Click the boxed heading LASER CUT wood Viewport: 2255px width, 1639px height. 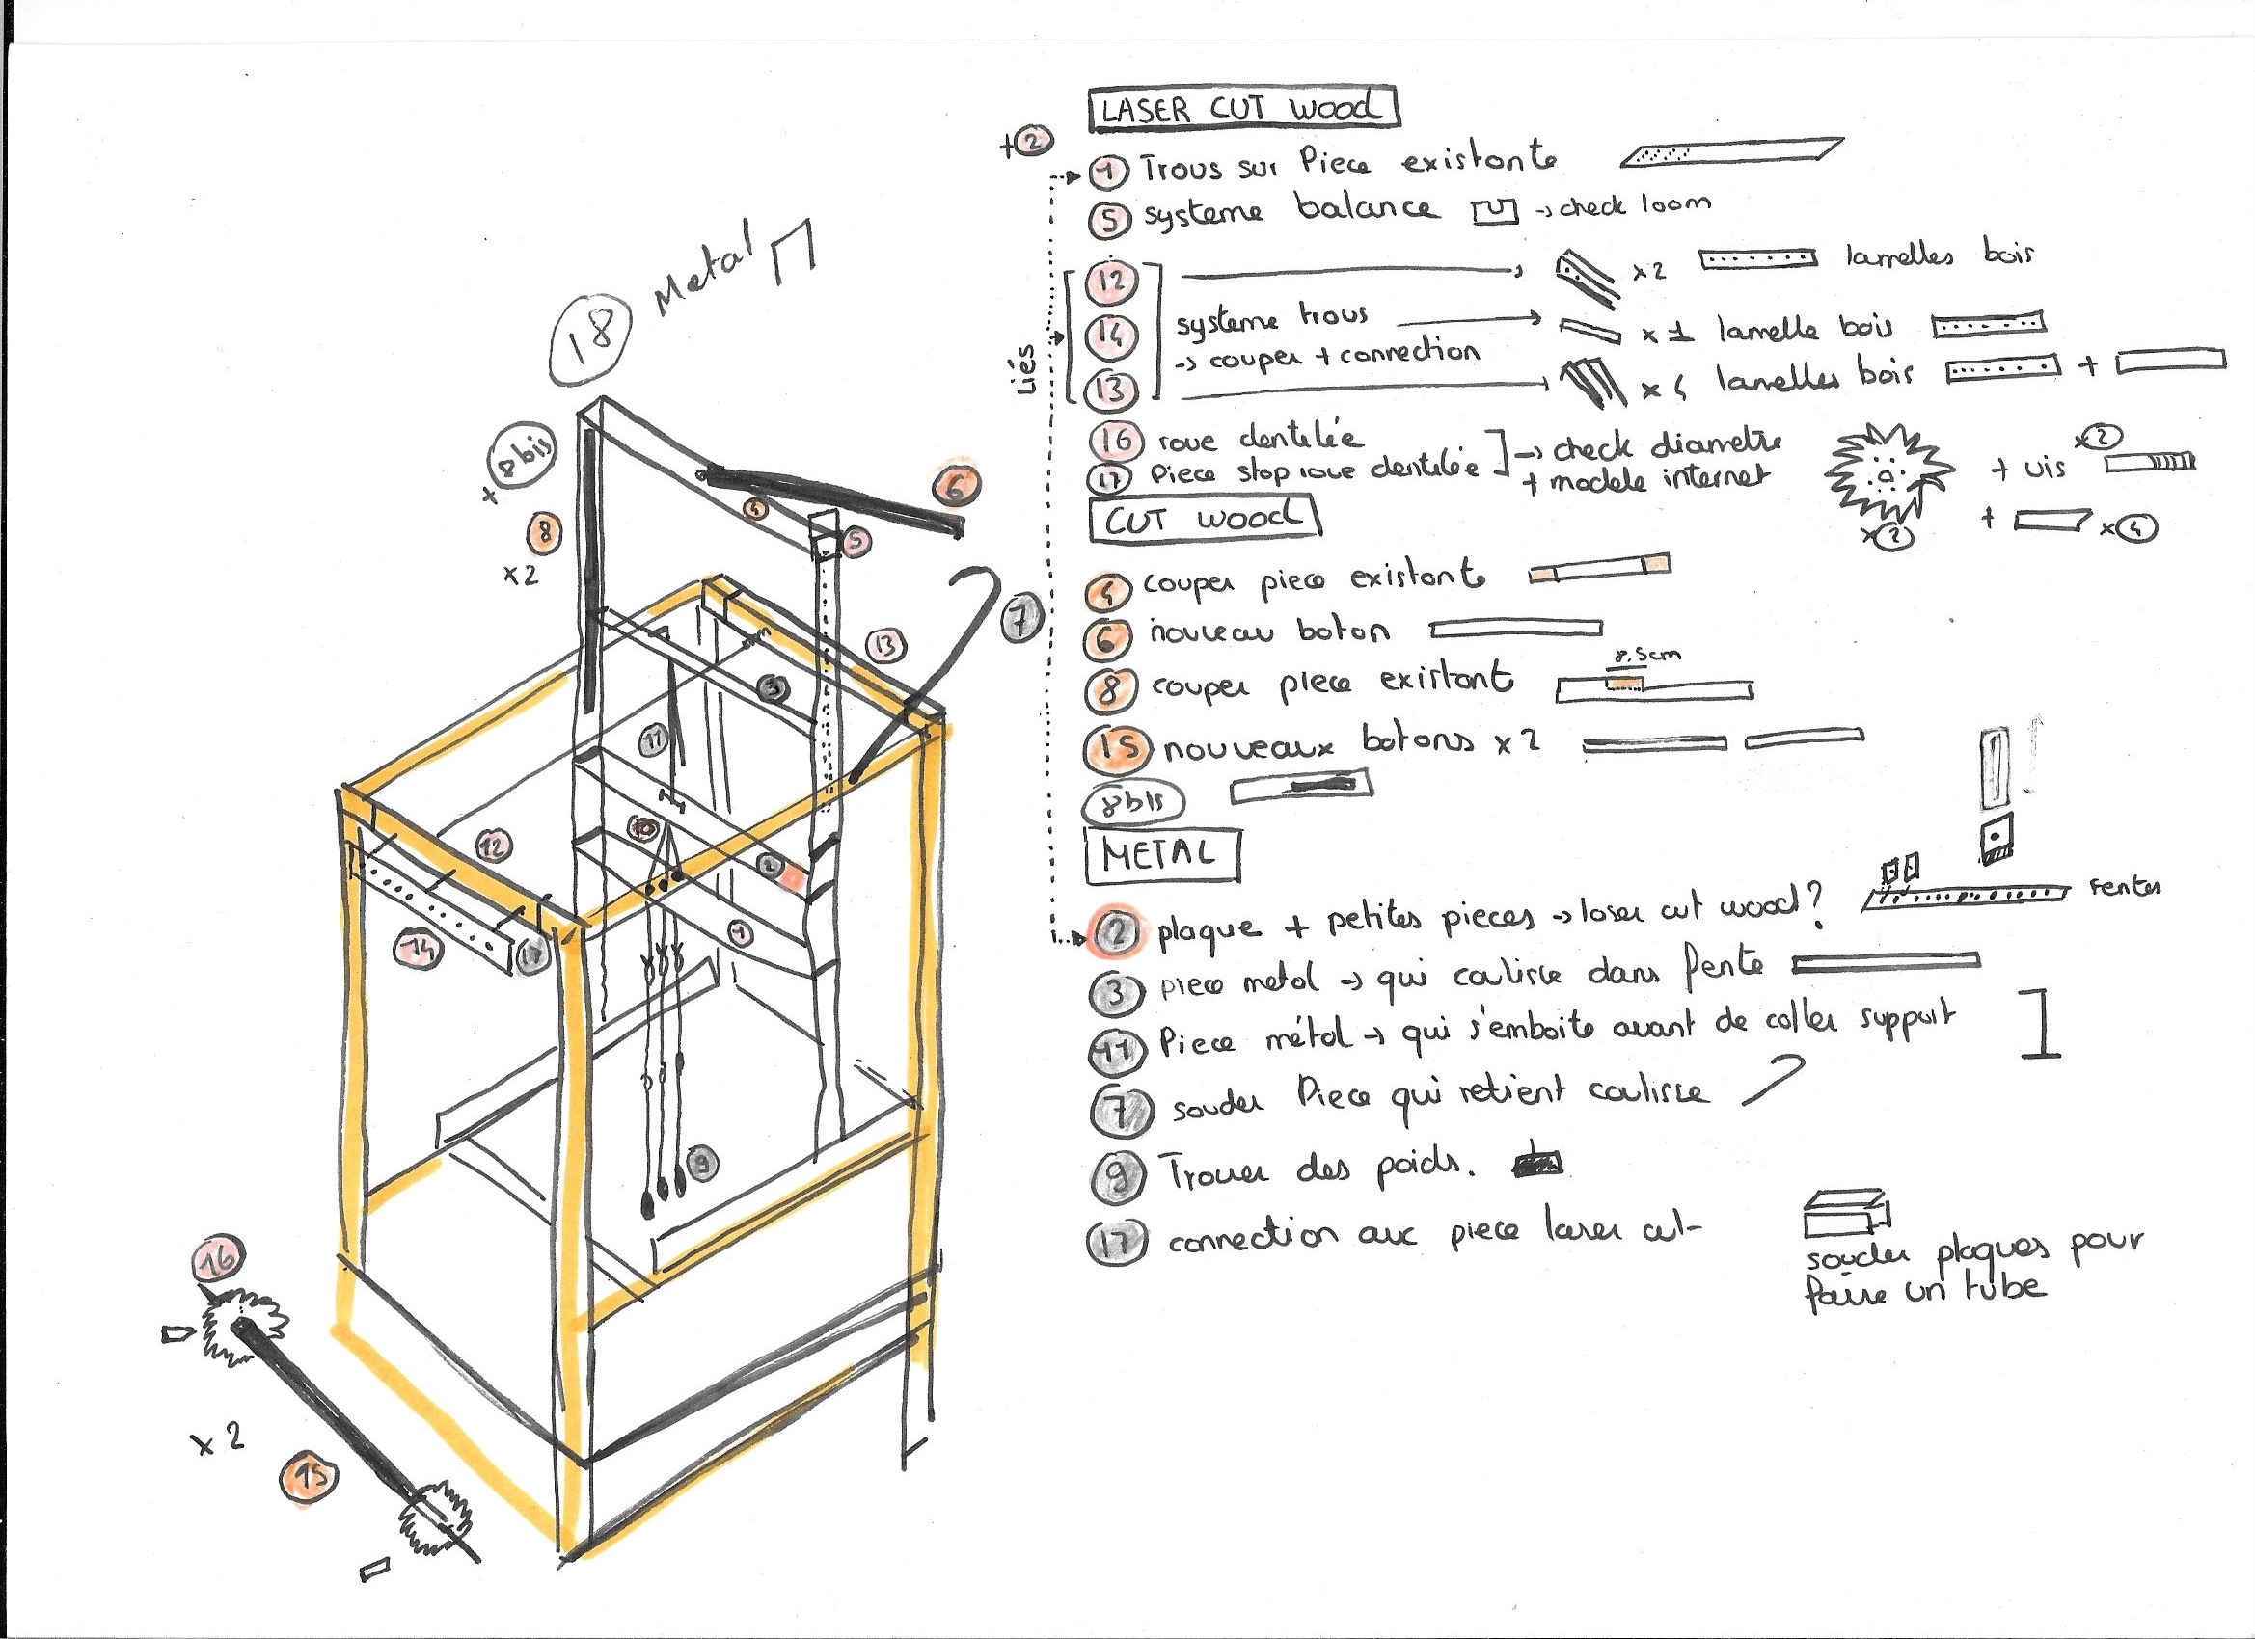[1243, 107]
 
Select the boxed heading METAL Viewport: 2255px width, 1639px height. [1161, 855]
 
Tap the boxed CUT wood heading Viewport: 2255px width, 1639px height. [1204, 519]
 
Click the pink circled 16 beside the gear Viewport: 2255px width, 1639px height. [219, 1257]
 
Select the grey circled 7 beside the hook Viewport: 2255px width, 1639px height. [1021, 620]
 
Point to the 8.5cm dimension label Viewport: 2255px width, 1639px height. [1646, 655]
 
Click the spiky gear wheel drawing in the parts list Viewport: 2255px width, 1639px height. [1887, 475]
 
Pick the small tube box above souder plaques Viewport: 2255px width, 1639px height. [1846, 1211]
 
